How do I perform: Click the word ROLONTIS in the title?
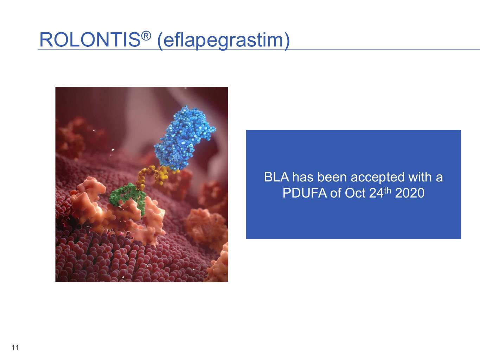point(90,40)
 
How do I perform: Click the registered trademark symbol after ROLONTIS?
point(146,36)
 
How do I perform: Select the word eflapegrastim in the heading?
point(223,41)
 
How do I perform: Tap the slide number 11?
point(15,347)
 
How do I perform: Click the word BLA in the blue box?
point(277,177)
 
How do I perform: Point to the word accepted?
point(378,178)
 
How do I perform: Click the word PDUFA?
point(305,193)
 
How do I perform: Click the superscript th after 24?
point(387,190)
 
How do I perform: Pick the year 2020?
point(410,193)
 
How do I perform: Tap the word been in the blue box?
point(333,177)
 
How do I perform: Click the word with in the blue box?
point(419,177)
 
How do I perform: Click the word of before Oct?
point(336,193)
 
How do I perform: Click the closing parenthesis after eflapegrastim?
point(287,41)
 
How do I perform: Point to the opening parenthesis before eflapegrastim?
point(160,41)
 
